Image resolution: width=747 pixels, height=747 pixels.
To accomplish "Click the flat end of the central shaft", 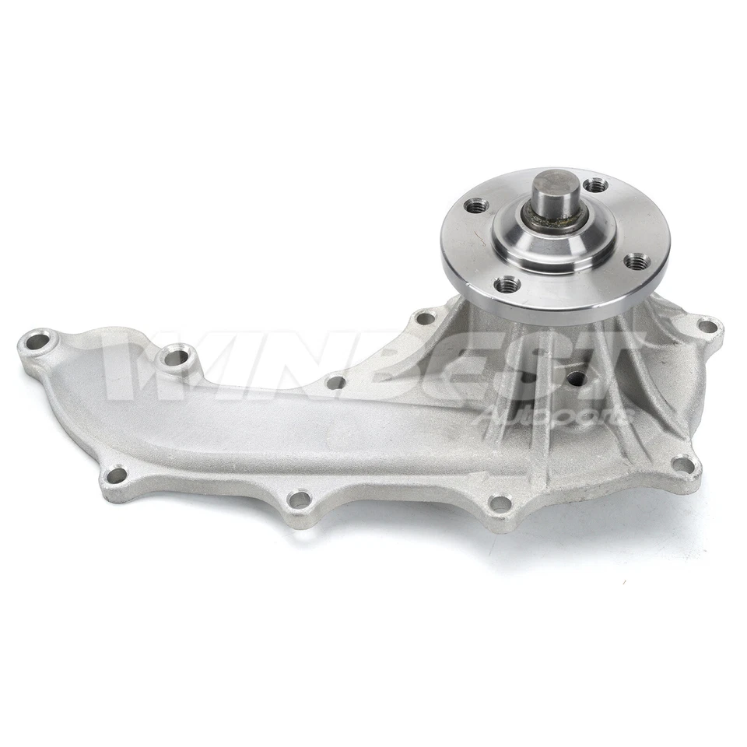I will [556, 185].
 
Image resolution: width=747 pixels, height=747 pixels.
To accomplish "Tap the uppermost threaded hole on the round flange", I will [595, 185].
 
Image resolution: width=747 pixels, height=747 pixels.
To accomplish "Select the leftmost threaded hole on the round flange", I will [477, 206].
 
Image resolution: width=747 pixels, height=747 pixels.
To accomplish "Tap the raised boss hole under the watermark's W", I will [175, 357].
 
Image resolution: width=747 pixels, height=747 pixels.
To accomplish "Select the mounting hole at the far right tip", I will [707, 326].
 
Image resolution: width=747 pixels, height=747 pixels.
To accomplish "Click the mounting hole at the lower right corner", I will [682, 465].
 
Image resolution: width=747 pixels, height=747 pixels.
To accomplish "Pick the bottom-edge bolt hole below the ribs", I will [500, 503].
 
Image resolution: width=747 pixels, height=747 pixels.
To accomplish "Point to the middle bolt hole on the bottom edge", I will [299, 499].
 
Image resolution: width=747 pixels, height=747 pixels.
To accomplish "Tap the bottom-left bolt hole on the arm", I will [116, 474].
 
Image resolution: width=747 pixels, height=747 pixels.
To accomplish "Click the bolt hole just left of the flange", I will [425, 317].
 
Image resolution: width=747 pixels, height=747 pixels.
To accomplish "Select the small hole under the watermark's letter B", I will [335, 382].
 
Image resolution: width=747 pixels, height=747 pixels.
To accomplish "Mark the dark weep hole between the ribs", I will [576, 378].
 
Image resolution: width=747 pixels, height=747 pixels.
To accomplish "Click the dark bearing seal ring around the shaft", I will [554, 222].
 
